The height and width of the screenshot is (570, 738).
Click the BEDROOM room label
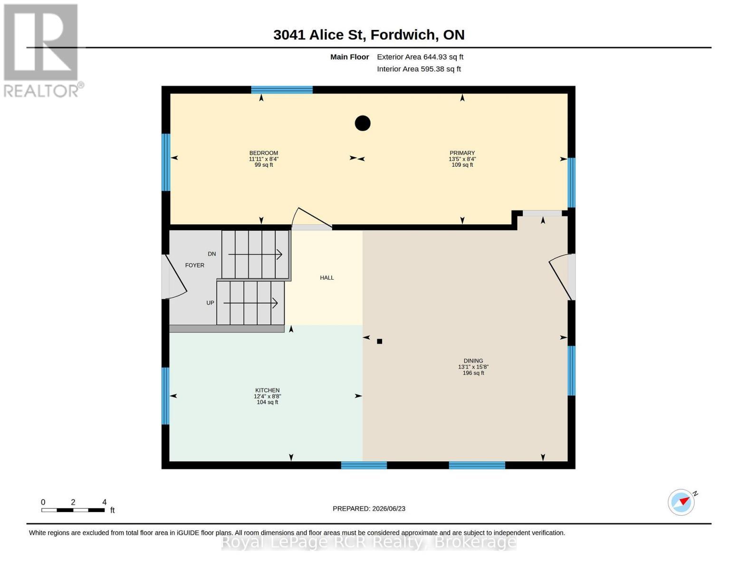pos(264,153)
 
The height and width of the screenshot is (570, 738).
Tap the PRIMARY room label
pos(462,153)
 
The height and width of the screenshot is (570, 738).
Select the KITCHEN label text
pos(267,390)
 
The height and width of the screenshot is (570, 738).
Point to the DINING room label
pos(473,361)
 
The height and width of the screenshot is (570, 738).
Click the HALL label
pos(327,277)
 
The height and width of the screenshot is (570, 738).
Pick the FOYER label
pos(195,265)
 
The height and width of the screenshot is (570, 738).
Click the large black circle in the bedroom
pos(363,123)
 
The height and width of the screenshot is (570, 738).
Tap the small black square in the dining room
pos(379,341)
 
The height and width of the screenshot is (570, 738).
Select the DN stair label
pos(211,254)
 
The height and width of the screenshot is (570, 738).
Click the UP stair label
pos(210,303)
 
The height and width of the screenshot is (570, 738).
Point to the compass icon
pos(681,502)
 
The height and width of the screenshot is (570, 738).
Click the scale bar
pos(73,510)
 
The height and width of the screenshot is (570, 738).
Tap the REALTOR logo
pos(42,51)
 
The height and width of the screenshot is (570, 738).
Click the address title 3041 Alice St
pos(369,35)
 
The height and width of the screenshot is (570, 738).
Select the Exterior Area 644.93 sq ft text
pos(420,57)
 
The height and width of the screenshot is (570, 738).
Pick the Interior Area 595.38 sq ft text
pos(419,69)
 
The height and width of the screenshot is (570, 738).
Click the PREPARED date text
pos(369,509)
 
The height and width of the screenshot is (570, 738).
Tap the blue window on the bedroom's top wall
pos(282,90)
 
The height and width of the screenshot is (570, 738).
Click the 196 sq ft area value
pos(473,373)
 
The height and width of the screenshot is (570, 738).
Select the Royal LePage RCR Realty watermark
pos(369,542)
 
